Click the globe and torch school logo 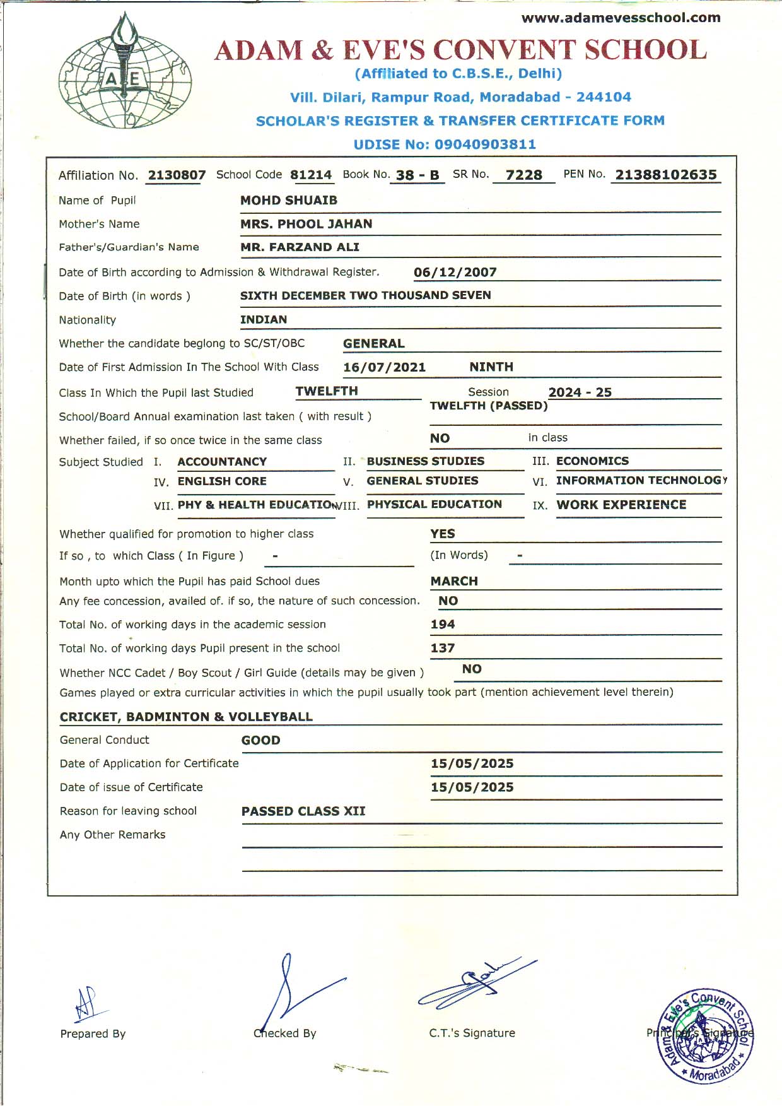pos(125,74)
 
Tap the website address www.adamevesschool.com pos(621,18)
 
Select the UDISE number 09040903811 pos(485,144)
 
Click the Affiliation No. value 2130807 pos(177,175)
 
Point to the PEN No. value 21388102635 pos(666,175)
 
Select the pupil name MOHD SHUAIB pos(289,201)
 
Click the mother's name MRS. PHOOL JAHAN pos(306,224)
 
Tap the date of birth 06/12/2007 pos(455,273)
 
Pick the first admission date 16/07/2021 pos(384,367)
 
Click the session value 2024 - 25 pos(580,392)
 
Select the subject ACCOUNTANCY pos(222,462)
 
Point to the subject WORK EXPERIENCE pos(621,505)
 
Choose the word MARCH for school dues pos(454,581)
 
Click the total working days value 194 pos(443,625)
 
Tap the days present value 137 pos(443,648)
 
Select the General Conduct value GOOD pos(260,741)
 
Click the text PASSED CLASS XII pos(303,811)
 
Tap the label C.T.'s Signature pos(472,1033)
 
